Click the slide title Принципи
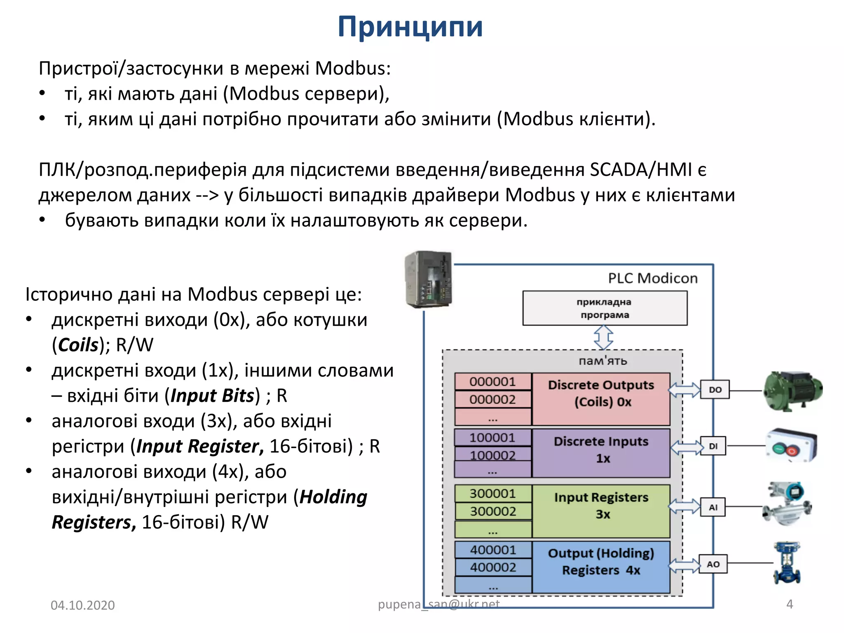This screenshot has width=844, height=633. click(410, 27)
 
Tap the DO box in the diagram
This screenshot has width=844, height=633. click(715, 389)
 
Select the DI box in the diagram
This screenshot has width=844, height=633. click(713, 446)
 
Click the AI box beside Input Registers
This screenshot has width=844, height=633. click(713, 507)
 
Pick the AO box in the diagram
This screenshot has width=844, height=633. click(713, 564)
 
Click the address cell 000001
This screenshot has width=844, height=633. click(492, 382)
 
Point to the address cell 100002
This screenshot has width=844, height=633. click(492, 455)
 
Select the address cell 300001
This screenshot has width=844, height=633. click(493, 493)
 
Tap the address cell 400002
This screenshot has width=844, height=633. click(493, 567)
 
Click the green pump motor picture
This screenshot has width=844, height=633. click(792, 391)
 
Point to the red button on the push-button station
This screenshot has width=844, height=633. click(792, 451)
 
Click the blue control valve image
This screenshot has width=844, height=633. click(787, 563)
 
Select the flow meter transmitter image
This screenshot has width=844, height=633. click(787, 504)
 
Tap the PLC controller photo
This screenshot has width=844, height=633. click(429, 279)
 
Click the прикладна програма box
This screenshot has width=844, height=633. click(605, 308)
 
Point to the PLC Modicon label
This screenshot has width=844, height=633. click(653, 279)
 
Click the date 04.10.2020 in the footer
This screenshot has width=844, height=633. click(83, 605)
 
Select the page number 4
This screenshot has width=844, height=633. click(790, 604)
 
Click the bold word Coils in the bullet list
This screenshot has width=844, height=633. click(78, 345)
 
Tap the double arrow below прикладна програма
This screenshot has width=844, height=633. click(603, 337)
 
